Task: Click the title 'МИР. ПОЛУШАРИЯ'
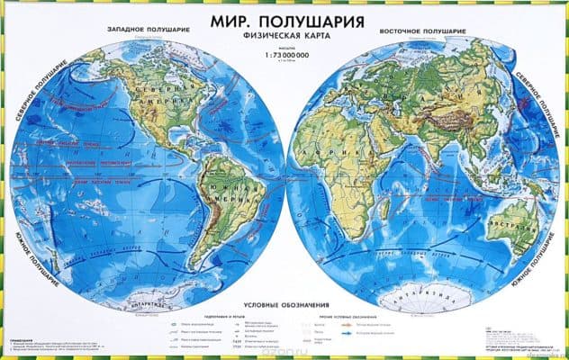click(x=284, y=19)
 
